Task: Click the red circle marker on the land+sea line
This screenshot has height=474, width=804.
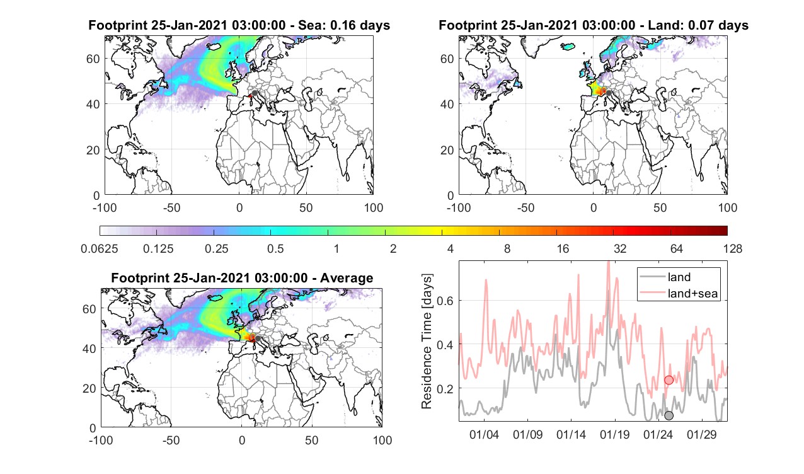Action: (669, 380)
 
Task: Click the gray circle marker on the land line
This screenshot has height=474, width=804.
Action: (669, 415)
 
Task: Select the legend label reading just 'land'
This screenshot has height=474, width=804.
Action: (679, 277)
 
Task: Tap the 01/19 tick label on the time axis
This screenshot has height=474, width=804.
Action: (615, 435)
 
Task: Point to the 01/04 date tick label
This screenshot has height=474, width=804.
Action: (484, 435)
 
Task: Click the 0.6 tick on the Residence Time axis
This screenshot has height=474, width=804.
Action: (445, 301)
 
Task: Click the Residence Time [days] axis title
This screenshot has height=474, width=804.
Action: (427, 341)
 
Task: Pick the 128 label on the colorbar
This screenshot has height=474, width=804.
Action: (733, 248)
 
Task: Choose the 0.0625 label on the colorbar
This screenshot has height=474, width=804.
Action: (100, 248)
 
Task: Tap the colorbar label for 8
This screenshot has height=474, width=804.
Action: (507, 248)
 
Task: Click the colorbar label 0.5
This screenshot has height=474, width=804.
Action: (275, 248)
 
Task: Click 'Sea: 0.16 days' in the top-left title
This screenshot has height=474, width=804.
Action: (344, 25)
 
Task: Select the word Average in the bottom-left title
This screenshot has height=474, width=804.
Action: (347, 278)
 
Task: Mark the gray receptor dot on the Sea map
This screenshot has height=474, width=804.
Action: (255, 93)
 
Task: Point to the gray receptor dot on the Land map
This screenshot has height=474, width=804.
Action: (609, 93)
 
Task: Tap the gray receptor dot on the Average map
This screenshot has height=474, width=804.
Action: (258, 338)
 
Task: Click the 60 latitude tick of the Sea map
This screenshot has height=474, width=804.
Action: (93, 59)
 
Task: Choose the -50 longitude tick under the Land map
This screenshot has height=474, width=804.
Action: (526, 207)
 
